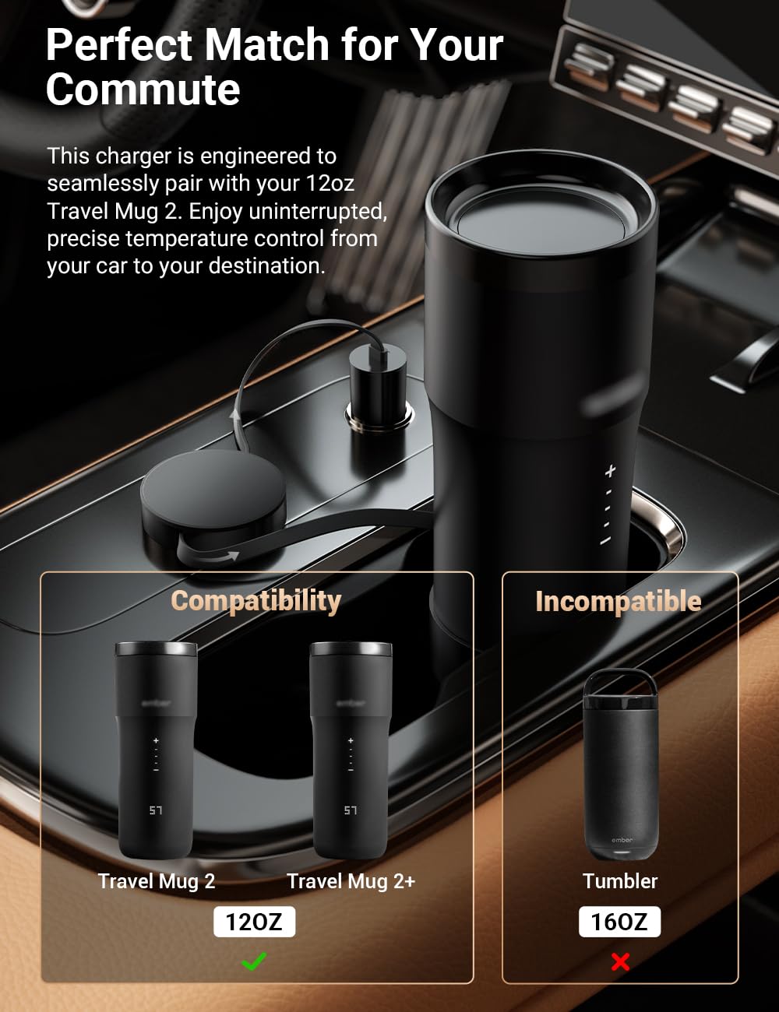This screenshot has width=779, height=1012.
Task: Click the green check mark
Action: coord(255,961)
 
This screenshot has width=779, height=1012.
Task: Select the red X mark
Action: coord(620,961)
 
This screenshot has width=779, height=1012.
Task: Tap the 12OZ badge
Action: coord(254,922)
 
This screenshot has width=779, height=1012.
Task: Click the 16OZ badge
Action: coord(619,922)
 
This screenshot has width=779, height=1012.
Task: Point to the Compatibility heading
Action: coord(256,601)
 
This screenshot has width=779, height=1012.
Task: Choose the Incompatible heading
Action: coord(619,601)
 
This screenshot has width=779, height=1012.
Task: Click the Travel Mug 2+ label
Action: coord(351,881)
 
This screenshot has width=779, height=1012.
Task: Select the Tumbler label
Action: coord(619,881)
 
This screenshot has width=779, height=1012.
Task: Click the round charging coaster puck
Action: coord(214,493)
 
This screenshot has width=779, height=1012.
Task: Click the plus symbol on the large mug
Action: coord(610,472)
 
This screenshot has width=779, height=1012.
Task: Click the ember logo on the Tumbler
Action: coord(622,840)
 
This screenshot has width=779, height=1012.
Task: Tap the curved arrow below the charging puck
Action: coord(210,555)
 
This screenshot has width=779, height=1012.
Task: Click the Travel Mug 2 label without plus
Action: coord(157,881)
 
